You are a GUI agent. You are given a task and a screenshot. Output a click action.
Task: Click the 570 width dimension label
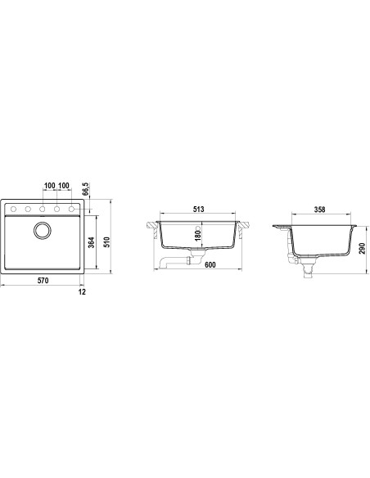pyautogui.click(x=43, y=281)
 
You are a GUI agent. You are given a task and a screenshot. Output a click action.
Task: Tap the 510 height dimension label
pyautogui.click(x=106, y=242)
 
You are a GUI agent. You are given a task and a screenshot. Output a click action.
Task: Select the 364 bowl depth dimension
pyautogui.click(x=92, y=242)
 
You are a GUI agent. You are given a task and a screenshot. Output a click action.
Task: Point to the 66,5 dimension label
pyautogui.click(x=85, y=189)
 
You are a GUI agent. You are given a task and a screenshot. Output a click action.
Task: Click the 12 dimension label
pyautogui.click(x=82, y=291)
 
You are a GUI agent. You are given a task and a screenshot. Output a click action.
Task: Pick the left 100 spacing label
pyautogui.click(x=50, y=185)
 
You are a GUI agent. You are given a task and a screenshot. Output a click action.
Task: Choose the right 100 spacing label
pyautogui.click(x=64, y=185)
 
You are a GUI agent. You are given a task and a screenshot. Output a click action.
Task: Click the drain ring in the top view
pyautogui.click(x=42, y=231)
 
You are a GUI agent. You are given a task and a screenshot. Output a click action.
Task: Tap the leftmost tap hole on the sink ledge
pyautogui.click(x=13, y=210)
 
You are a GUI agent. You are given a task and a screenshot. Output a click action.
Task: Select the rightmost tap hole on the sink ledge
pyautogui.click(x=71, y=210)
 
